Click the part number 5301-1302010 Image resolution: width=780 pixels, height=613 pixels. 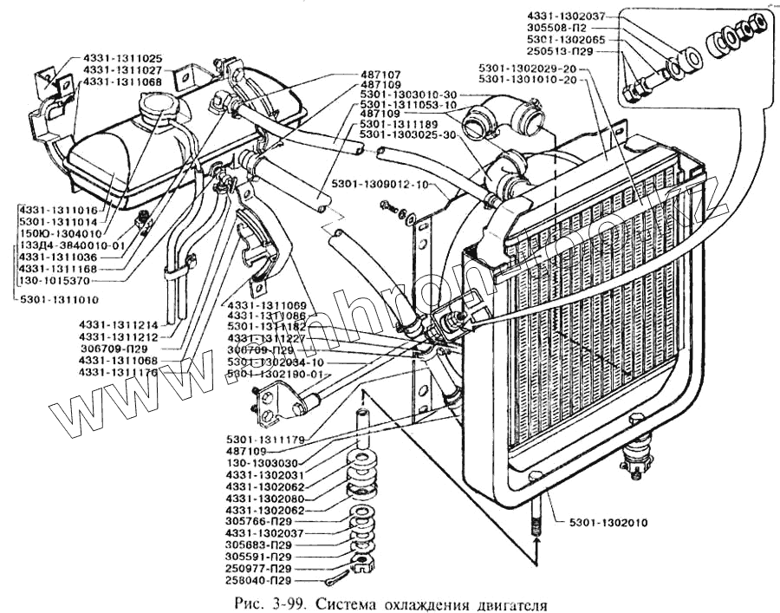coord(609,523)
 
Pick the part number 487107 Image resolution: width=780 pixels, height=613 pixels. coord(381,75)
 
